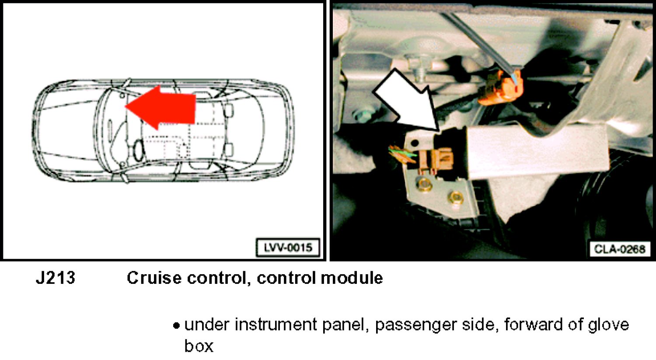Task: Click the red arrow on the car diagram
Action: [x=161, y=108]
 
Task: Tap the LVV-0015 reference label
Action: [x=288, y=248]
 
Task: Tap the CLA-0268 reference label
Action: [x=620, y=249]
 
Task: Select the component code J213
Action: [x=56, y=278]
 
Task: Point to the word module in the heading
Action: [x=352, y=278]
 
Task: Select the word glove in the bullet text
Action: [x=604, y=325]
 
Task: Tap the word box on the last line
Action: [x=199, y=346]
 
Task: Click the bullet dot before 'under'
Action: [x=176, y=326]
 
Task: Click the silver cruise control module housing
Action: [x=536, y=151]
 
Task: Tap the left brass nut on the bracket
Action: [x=424, y=184]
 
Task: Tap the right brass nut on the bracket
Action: [x=455, y=197]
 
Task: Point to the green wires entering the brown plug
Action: [x=403, y=153]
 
